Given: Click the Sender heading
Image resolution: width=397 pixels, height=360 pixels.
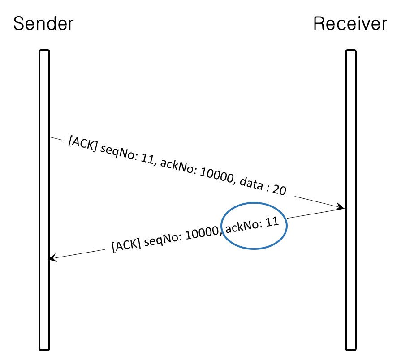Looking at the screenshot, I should click(x=43, y=23).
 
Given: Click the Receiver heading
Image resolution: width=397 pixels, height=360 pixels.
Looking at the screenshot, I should click(x=350, y=23).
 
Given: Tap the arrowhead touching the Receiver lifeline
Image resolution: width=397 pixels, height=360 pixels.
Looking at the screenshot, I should click(x=341, y=207).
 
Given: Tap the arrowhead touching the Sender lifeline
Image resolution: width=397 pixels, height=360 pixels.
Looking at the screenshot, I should click(x=52, y=258).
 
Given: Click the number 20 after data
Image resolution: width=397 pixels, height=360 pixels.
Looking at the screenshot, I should click(x=279, y=190).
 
